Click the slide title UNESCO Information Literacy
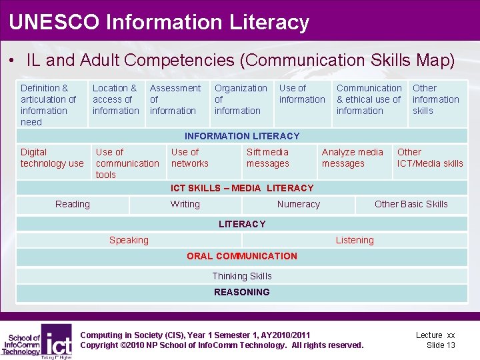click(159, 22)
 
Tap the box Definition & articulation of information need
click(49, 105)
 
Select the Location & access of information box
click(115, 99)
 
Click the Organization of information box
click(241, 99)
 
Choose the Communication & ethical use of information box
click(369, 99)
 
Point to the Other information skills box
click(436, 99)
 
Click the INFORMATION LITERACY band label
click(242, 136)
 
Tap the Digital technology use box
click(52, 158)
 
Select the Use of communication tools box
click(127, 163)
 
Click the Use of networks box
click(190, 158)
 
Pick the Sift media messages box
click(267, 158)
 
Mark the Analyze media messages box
click(352, 158)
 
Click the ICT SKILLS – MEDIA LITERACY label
click(242, 188)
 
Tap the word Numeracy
click(298, 205)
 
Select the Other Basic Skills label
click(411, 205)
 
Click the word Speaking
click(129, 240)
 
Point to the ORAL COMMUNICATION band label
click(242, 256)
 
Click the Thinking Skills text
click(242, 276)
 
